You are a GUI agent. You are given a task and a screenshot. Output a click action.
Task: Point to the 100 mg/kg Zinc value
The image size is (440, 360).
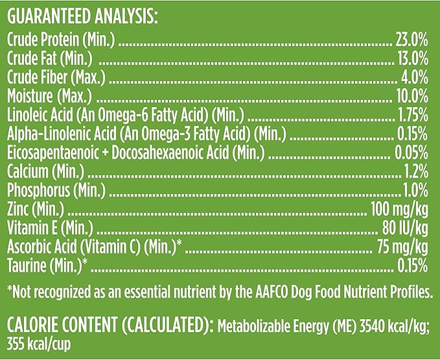coord(399,210)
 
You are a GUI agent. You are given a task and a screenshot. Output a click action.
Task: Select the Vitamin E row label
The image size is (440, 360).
coord(49,228)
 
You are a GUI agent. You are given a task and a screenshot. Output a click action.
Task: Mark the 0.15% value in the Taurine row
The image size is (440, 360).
coord(411,266)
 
